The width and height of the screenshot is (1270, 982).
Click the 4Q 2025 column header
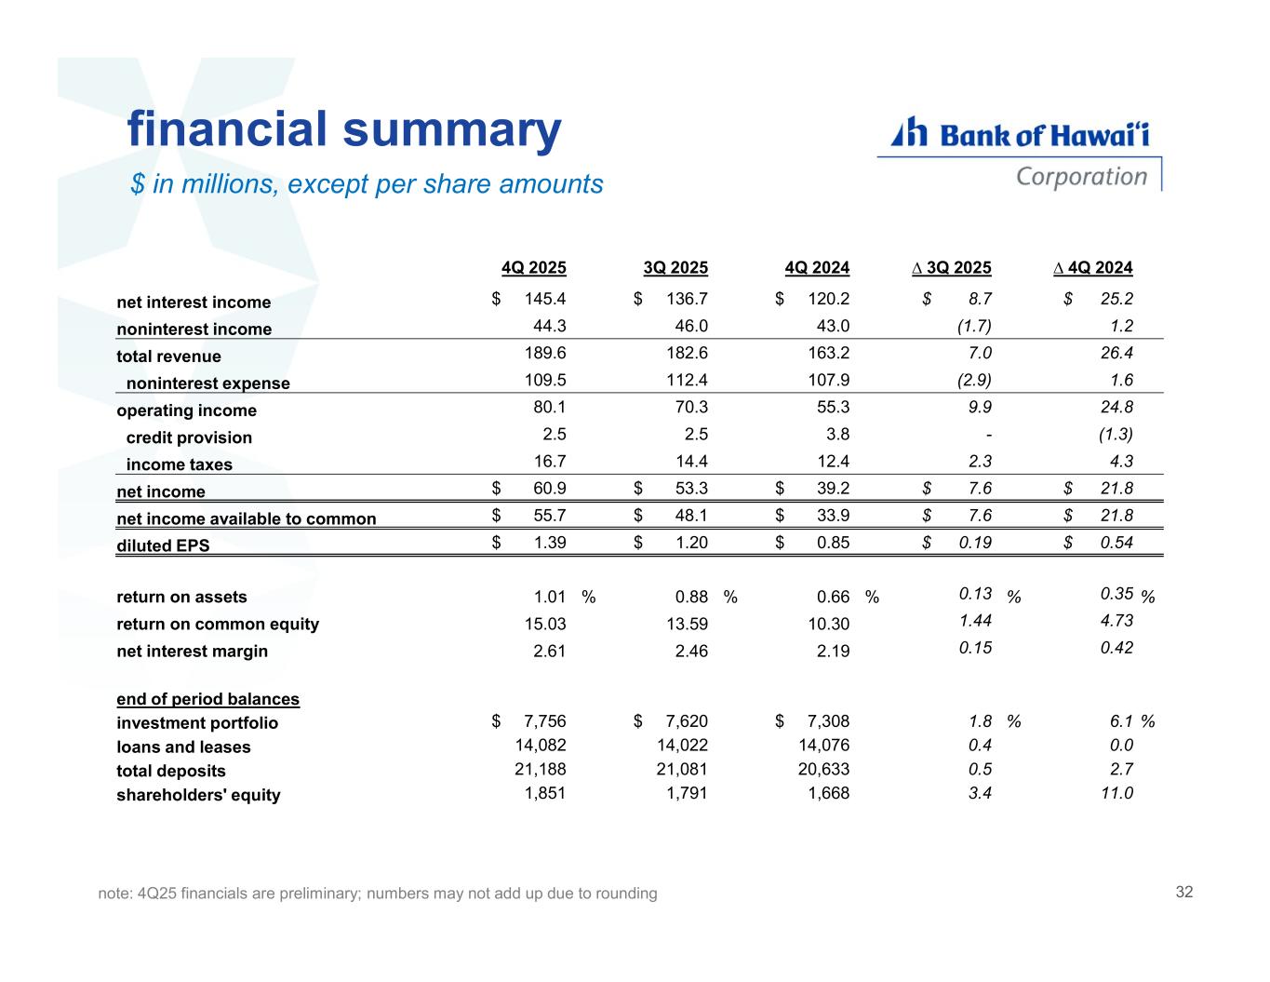(x=533, y=268)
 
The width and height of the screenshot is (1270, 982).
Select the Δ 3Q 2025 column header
(x=952, y=268)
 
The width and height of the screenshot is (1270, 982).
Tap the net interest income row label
(x=194, y=303)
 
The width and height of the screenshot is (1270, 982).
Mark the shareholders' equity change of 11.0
(x=1116, y=793)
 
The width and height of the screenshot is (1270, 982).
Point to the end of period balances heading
(x=207, y=699)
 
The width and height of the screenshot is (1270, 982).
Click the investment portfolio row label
(x=197, y=723)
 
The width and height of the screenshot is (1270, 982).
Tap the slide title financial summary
(x=344, y=129)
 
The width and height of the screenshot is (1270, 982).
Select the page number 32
(x=1183, y=892)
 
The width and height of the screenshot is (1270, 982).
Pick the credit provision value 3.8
(x=836, y=434)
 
